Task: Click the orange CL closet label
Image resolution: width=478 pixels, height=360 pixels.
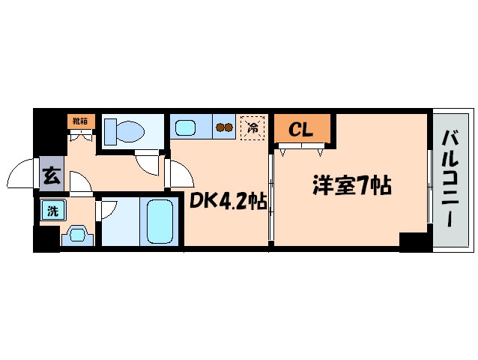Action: pos(300,129)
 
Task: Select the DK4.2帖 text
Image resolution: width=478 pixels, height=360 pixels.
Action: pos(227,201)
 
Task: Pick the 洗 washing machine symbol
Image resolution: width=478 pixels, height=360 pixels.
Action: pos(52,211)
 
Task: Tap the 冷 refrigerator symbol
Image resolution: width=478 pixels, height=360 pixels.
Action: pos(253,127)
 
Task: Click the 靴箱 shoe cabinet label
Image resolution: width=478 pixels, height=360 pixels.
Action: pos(78,121)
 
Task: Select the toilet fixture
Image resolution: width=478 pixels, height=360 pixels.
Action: pos(124,130)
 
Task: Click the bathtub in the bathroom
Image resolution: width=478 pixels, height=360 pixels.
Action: pos(160,221)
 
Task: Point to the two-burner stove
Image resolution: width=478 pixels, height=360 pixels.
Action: pos(224,127)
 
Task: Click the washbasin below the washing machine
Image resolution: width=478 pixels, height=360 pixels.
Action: pos(77,235)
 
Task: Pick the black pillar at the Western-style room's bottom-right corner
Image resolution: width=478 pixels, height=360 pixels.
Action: pos(411,241)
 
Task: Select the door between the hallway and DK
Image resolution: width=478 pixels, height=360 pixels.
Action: pos(178,174)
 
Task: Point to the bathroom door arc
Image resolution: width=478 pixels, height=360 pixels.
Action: pos(108,209)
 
